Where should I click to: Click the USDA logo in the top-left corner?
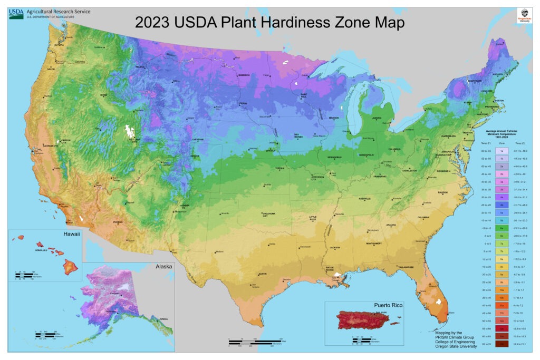click(16, 13)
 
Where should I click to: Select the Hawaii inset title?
click(72, 233)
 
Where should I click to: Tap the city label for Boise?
click(103, 95)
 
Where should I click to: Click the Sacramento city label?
click(51, 145)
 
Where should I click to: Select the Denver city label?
click(195, 157)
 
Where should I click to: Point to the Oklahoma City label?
click(265, 215)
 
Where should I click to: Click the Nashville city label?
click(365, 199)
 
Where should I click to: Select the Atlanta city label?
click(391, 225)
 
